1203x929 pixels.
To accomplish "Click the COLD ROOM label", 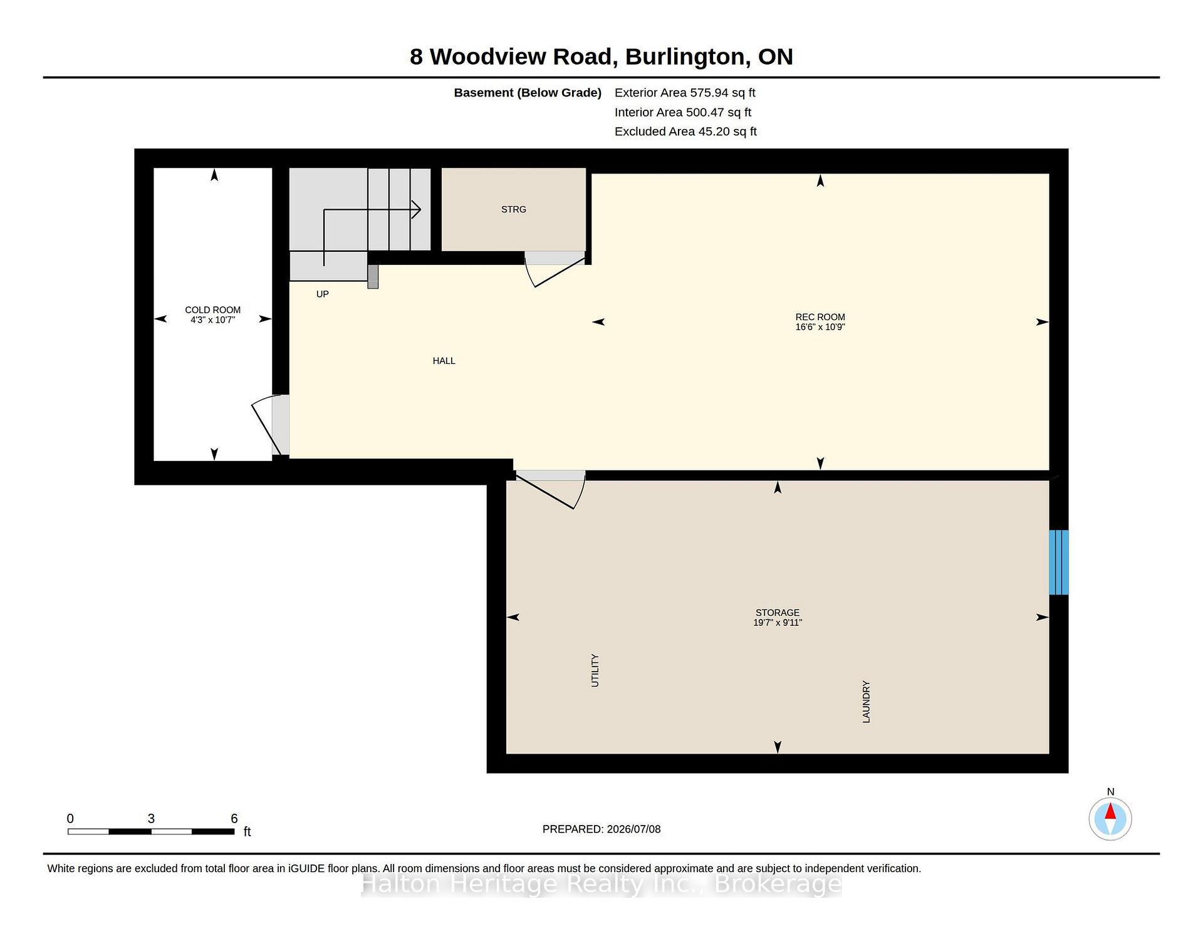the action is (212, 309).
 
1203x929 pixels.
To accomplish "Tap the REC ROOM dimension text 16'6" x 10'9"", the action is (820, 327).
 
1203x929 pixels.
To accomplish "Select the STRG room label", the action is (514, 209).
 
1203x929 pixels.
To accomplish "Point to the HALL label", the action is (444, 361).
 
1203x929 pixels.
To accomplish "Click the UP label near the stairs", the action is (322, 294).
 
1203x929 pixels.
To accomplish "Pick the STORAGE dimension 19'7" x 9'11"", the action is (778, 623).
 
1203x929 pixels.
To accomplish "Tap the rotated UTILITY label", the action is (595, 670).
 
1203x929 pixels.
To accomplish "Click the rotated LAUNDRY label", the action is (867, 702).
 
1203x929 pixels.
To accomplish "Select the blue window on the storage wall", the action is (1059, 562).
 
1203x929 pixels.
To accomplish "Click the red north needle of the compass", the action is (1110, 812).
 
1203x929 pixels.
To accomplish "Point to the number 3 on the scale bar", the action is (151, 818).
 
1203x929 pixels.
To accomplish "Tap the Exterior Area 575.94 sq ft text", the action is (685, 93).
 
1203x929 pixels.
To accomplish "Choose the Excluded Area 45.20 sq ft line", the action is (685, 132).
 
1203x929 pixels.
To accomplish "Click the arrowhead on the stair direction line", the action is (416, 209).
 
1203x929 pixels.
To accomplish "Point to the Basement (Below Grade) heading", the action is (528, 93).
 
